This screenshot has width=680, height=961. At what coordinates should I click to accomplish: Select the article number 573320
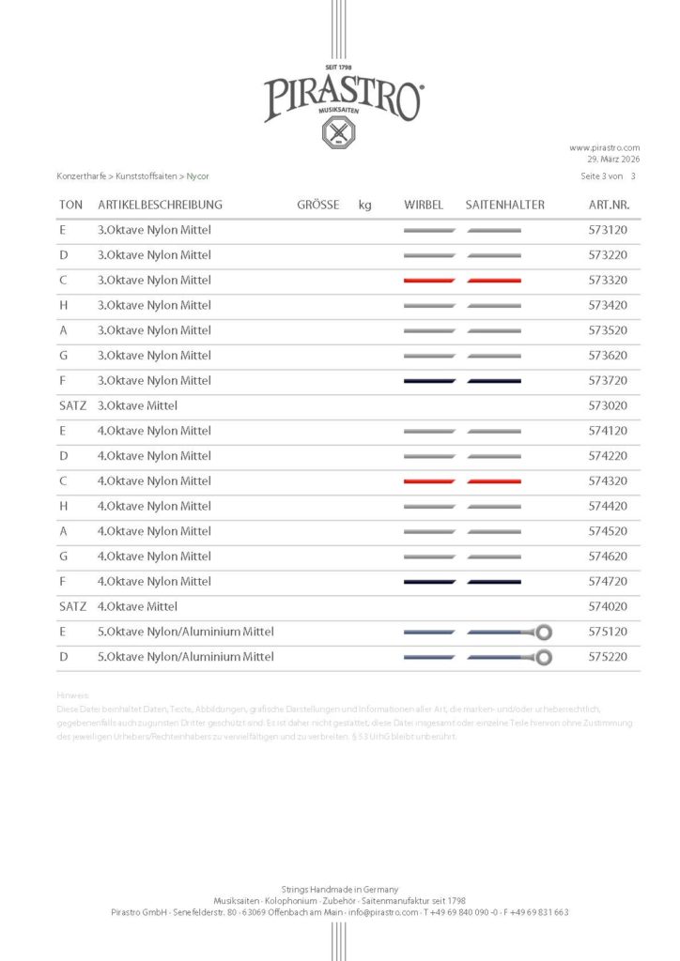click(x=608, y=281)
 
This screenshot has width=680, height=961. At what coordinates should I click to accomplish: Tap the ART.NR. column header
click(x=608, y=205)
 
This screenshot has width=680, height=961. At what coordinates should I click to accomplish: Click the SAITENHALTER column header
click(x=504, y=205)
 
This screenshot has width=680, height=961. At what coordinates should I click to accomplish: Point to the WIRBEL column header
click(x=424, y=205)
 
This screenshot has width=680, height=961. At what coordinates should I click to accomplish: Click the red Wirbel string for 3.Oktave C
click(x=429, y=281)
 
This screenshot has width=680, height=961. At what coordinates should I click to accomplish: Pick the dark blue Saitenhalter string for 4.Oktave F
click(x=494, y=582)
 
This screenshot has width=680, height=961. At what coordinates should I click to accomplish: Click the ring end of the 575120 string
click(x=543, y=633)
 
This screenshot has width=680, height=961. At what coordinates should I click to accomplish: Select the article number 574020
click(x=608, y=607)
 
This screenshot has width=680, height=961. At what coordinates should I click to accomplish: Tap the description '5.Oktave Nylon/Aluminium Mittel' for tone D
click(x=186, y=657)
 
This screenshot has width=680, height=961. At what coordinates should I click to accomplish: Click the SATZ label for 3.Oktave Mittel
click(x=72, y=406)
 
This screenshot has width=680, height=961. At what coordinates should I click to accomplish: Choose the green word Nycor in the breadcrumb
click(x=198, y=175)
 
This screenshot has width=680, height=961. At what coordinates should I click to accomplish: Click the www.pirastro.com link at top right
click(x=604, y=147)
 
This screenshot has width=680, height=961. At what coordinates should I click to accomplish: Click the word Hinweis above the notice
click(x=72, y=695)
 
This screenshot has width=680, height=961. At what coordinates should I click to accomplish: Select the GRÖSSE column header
click(x=317, y=205)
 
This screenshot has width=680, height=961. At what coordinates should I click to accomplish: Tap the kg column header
click(x=364, y=205)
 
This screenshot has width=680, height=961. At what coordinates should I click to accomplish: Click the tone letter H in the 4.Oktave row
click(x=63, y=507)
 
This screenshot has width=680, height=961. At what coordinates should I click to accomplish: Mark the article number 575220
click(x=608, y=657)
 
